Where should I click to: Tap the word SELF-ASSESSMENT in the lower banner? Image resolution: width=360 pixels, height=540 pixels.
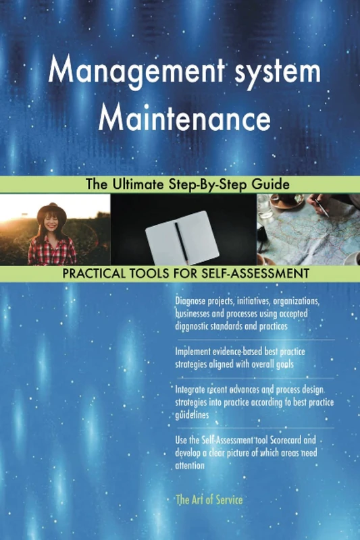coord(260,274)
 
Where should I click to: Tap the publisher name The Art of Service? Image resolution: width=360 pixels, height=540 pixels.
coord(208,500)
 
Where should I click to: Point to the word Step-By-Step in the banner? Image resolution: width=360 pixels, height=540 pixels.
coord(213,184)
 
